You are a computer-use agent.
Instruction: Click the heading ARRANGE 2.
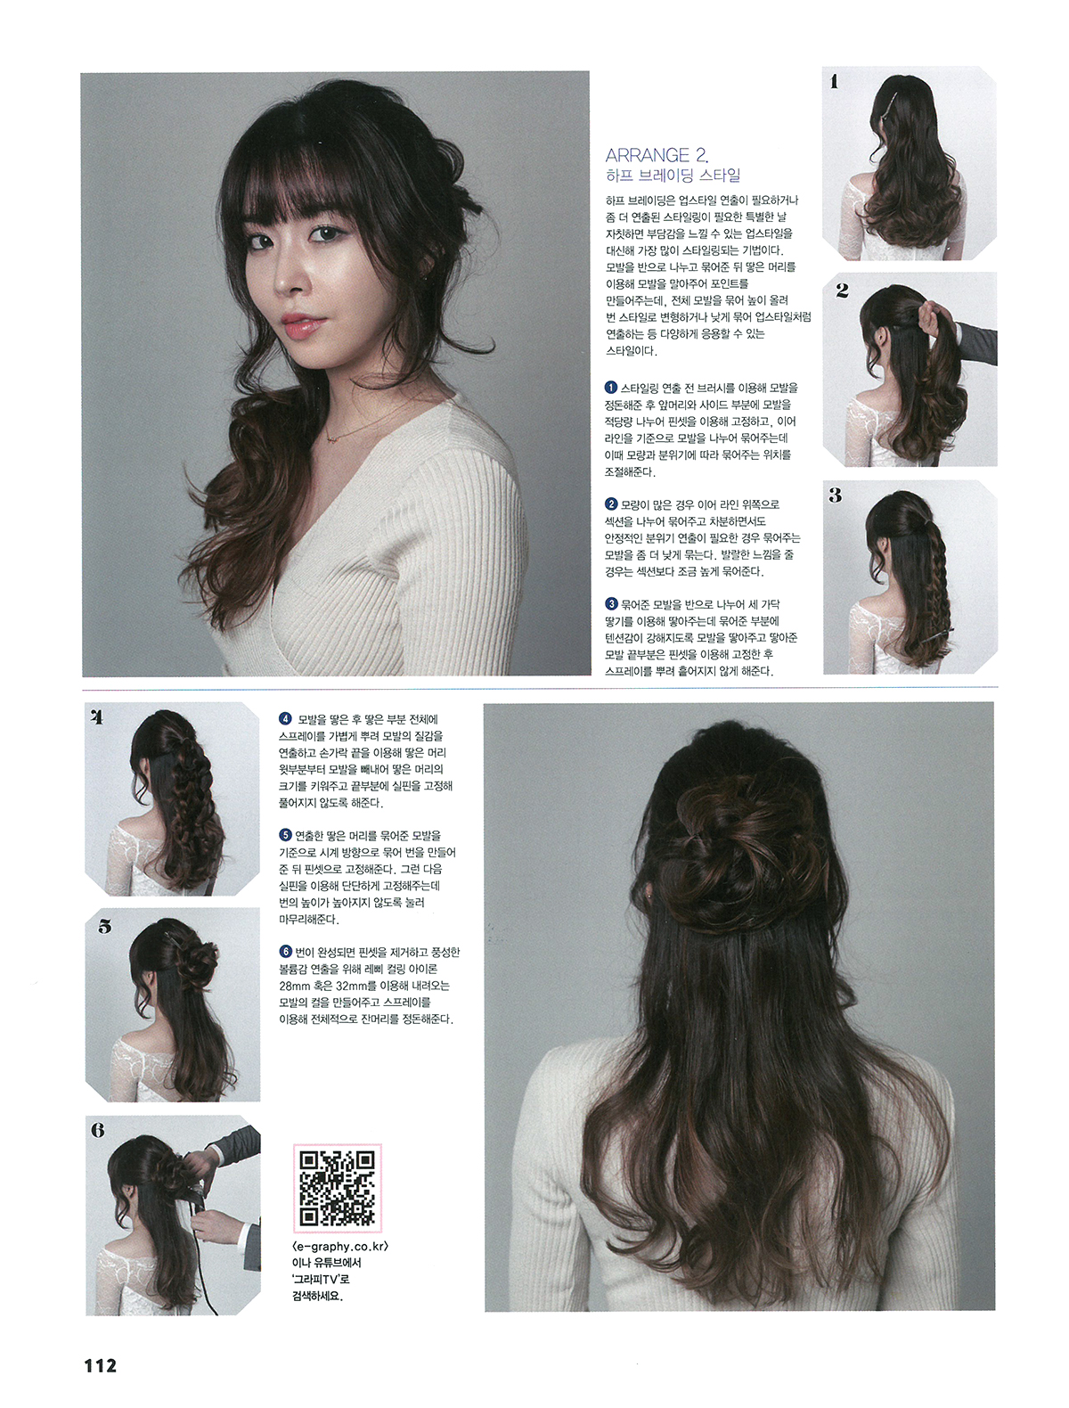click(657, 154)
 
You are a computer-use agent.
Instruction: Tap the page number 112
click(100, 1365)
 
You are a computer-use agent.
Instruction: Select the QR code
click(338, 1188)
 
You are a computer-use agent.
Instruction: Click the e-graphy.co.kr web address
click(340, 1246)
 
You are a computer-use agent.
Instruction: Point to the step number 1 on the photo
click(834, 81)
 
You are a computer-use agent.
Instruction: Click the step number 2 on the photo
click(842, 291)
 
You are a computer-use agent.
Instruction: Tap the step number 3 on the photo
click(835, 495)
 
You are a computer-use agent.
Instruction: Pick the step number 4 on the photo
click(97, 717)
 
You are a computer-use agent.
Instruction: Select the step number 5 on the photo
click(105, 926)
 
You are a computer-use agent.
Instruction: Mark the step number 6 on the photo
click(97, 1130)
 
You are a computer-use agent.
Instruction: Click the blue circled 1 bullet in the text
click(611, 388)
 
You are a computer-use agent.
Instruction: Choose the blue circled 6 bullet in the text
click(285, 951)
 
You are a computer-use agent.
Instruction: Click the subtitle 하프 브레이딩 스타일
click(673, 175)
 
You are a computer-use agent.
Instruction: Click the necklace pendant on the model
click(331, 438)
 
